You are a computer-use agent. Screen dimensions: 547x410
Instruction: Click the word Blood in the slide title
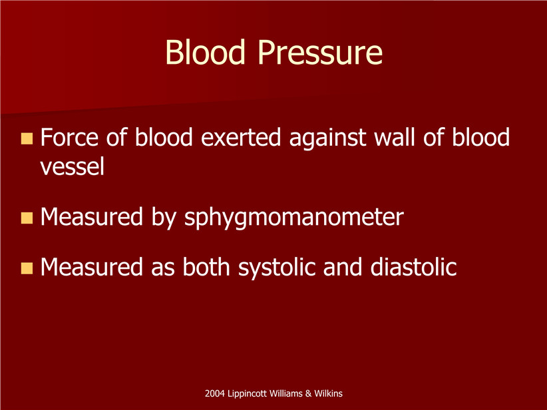(206, 52)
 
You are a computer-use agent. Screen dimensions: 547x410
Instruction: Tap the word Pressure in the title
(320, 52)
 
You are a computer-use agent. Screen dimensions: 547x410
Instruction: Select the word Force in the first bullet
(69, 137)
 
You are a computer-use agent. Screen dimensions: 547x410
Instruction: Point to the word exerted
(241, 137)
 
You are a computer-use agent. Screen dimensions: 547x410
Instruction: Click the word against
(327, 138)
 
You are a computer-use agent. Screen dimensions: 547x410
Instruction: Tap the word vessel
(73, 166)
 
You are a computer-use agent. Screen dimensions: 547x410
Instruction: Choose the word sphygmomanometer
(293, 218)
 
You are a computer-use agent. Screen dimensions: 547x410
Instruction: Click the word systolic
(277, 268)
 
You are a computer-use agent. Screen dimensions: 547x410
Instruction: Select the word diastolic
(413, 267)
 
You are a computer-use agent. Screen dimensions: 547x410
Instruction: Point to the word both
(206, 267)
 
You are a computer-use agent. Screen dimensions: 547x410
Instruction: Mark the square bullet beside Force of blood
(27, 138)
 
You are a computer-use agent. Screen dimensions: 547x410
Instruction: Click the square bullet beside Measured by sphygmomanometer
(27, 218)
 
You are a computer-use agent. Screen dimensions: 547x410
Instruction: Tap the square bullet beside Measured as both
(27, 268)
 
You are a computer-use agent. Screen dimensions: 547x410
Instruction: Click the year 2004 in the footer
(215, 393)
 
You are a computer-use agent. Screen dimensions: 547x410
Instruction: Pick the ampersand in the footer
(308, 393)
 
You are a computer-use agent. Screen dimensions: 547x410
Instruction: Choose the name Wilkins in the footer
(328, 393)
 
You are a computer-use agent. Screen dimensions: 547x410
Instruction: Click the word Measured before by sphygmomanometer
(92, 217)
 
